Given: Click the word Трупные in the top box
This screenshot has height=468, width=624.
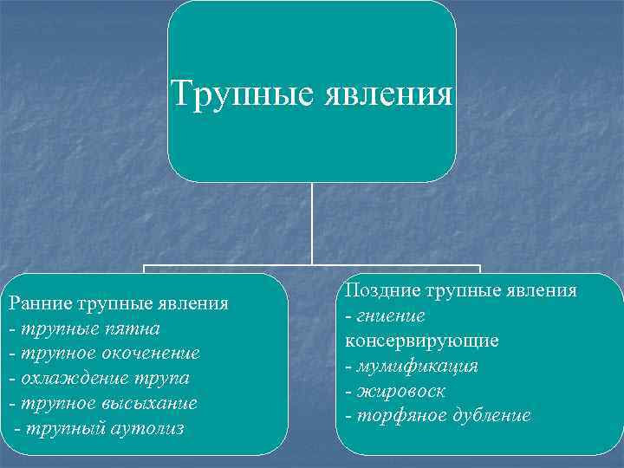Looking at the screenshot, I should pos(230,93).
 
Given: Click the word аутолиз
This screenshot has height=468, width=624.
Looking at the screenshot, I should pos(146,429).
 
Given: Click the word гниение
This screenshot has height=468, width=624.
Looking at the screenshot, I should pos(390,315).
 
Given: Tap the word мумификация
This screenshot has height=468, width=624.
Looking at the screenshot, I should pos(417,366).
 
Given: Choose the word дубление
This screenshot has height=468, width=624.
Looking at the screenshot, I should pos(489,415).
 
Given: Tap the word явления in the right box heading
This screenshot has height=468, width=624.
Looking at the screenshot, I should pos(539,290).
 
